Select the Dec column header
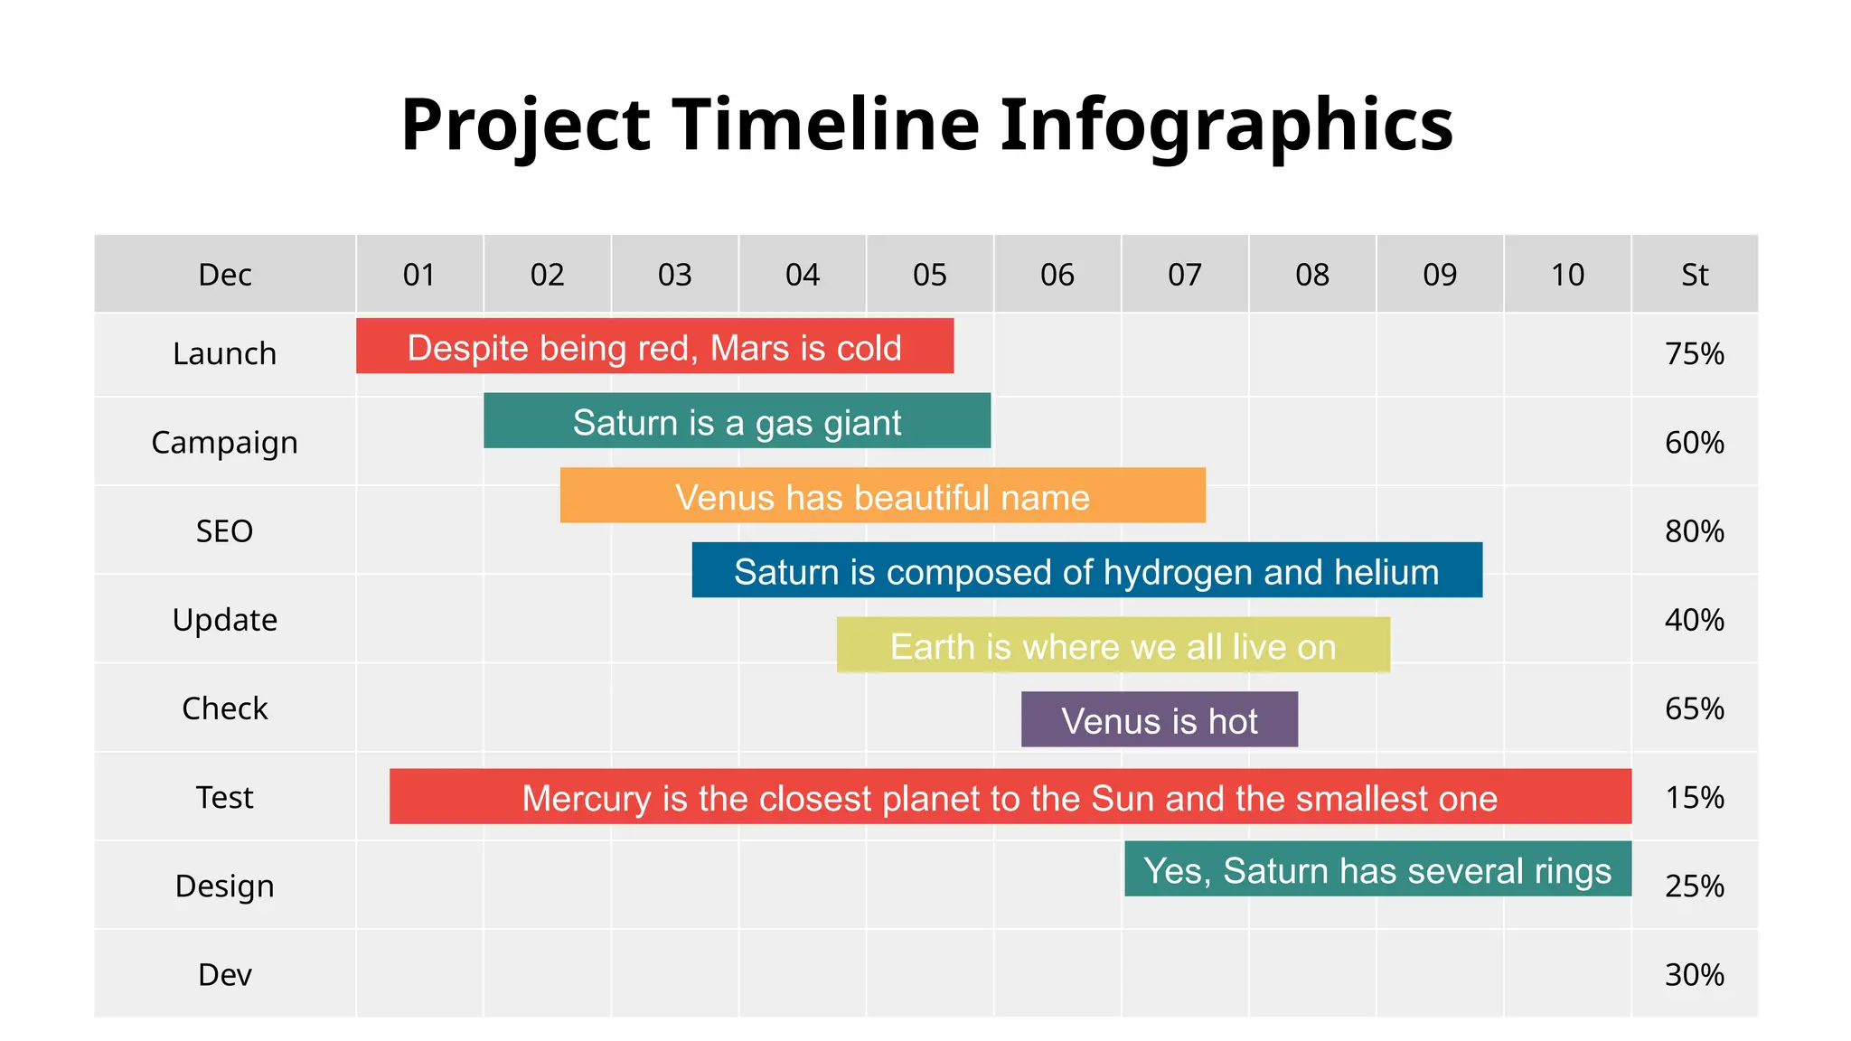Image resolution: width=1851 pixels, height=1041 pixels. pyautogui.click(x=224, y=275)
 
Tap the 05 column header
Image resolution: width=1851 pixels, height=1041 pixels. pyautogui.click(x=929, y=275)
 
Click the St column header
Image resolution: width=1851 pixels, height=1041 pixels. pyautogui.click(x=1695, y=275)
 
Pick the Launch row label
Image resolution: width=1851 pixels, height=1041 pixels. pyautogui.click(x=224, y=353)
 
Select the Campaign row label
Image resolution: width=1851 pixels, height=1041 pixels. pyautogui.click(x=224, y=443)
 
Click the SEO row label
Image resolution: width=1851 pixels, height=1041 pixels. pyautogui.click(x=224, y=531)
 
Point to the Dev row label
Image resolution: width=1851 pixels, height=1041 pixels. pyautogui.click(x=224, y=975)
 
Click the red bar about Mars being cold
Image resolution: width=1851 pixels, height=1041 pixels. pyautogui.click(x=654, y=346)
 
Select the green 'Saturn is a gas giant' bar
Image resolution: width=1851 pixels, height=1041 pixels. pyautogui.click(x=737, y=421)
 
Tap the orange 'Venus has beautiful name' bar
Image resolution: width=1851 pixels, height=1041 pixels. pyautogui.click(x=882, y=495)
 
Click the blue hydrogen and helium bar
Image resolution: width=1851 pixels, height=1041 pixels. pyautogui.click(x=1086, y=570)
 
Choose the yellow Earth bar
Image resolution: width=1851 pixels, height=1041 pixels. pyautogui.click(x=1113, y=645)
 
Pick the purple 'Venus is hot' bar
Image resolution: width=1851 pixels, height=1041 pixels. pyautogui.click(x=1159, y=719)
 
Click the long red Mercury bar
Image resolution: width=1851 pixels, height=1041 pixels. pyautogui.click(x=1010, y=797)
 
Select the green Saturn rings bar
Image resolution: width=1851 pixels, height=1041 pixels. pyautogui.click(x=1377, y=869)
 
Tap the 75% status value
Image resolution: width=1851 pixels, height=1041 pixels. pyautogui.click(x=1695, y=353)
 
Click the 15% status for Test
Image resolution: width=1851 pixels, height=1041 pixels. pyautogui.click(x=1695, y=797)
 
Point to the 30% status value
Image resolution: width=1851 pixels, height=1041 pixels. pyautogui.click(x=1695, y=975)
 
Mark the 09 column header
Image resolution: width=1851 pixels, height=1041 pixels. pyautogui.click(x=1440, y=275)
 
